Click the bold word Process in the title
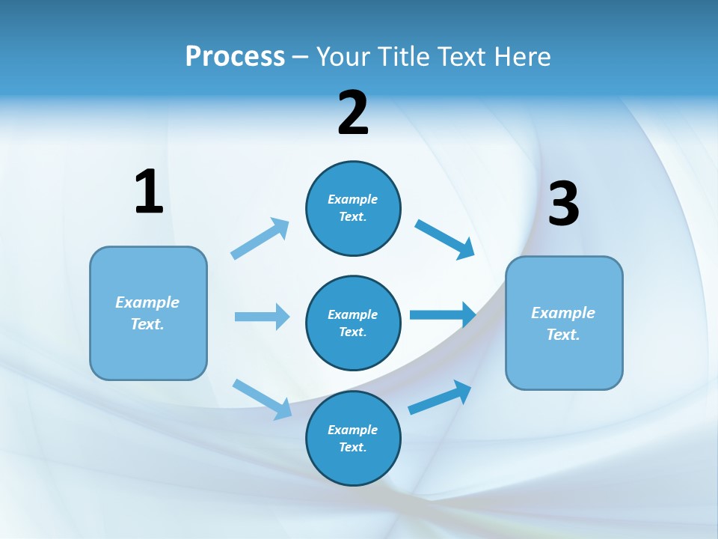tap(235, 57)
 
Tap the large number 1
tap(149, 192)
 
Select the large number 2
tap(353, 113)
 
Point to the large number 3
tap(564, 204)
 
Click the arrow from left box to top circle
tap(260, 239)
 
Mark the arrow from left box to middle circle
tap(262, 317)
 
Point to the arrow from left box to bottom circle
tap(262, 398)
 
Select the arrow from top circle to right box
tap(445, 240)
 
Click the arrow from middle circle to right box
tap(443, 315)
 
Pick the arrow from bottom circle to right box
tap(440, 398)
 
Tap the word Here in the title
tap(524, 57)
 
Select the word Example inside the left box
tap(147, 302)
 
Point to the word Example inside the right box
tap(563, 313)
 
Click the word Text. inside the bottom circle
tap(353, 448)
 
